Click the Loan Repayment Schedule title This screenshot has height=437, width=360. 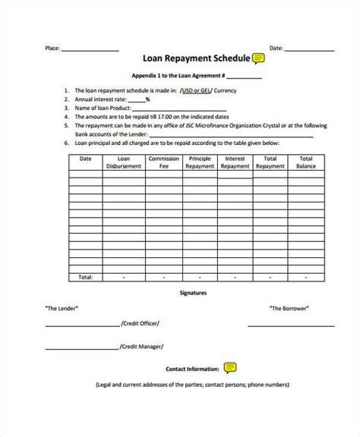pos(195,58)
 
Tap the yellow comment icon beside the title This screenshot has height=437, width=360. pos(258,58)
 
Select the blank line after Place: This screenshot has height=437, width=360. pos(89,49)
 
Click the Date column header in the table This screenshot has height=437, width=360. pos(85,159)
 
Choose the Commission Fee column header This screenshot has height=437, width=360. pos(163,162)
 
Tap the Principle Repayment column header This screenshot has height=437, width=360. pos(199,162)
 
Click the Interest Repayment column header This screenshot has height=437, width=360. pos(235,162)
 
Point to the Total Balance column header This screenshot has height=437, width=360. pos(306,162)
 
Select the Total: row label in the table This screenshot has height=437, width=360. pos(85,277)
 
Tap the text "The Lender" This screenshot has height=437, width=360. pos(61,308)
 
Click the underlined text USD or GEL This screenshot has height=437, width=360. pos(197,90)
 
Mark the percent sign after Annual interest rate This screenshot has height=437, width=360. pos(147,98)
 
